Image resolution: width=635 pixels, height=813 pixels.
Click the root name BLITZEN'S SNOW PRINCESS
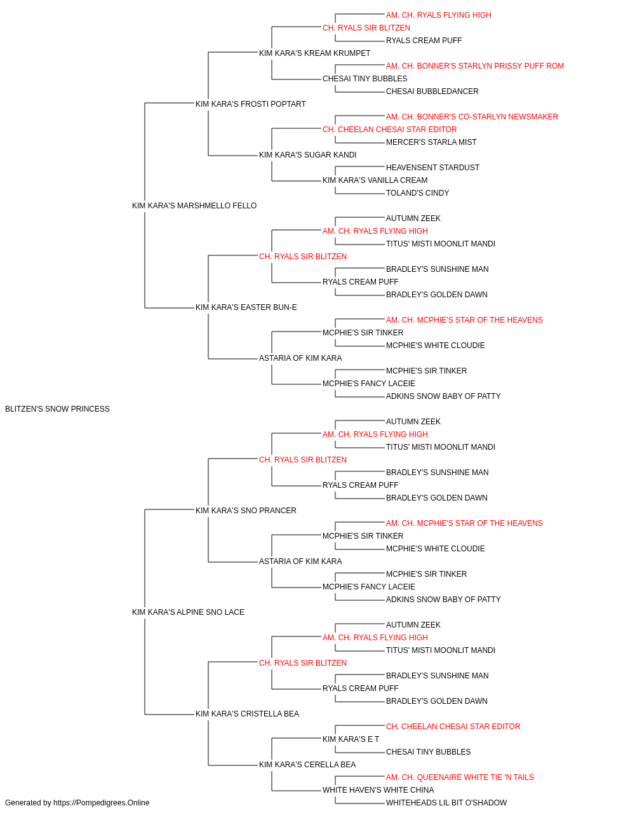point(57,409)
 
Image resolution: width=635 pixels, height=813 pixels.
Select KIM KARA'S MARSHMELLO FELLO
point(194,206)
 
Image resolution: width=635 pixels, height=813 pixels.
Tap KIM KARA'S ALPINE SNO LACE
point(188,612)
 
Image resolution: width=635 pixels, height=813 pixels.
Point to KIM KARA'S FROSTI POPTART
point(251,104)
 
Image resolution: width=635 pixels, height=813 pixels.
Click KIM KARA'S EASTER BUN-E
point(246,307)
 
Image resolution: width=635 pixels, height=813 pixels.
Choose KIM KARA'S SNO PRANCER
point(246,510)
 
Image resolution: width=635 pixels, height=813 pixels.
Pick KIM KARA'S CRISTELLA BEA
point(247,713)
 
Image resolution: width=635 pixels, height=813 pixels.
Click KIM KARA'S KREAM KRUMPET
point(314,53)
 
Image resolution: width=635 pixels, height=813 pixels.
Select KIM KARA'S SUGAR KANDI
point(308,155)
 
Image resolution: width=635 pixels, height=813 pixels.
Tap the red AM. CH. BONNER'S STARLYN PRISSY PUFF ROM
point(475,66)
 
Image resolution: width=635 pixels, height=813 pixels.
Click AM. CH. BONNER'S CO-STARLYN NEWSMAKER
point(472,117)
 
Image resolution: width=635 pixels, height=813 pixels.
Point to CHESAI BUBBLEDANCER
point(432,91)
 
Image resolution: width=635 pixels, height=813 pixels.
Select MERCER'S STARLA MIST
point(431,142)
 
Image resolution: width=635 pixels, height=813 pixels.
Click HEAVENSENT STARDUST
point(432,168)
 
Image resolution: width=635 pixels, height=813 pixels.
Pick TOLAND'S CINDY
point(417,193)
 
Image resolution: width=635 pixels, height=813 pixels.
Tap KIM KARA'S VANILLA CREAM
point(375,180)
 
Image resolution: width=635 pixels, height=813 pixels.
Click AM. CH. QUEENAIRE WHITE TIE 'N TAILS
point(460,777)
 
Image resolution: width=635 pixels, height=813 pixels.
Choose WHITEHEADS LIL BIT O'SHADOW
point(446,803)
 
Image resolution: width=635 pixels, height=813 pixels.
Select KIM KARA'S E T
point(351,739)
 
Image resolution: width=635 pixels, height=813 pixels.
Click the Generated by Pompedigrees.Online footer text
point(77,803)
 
